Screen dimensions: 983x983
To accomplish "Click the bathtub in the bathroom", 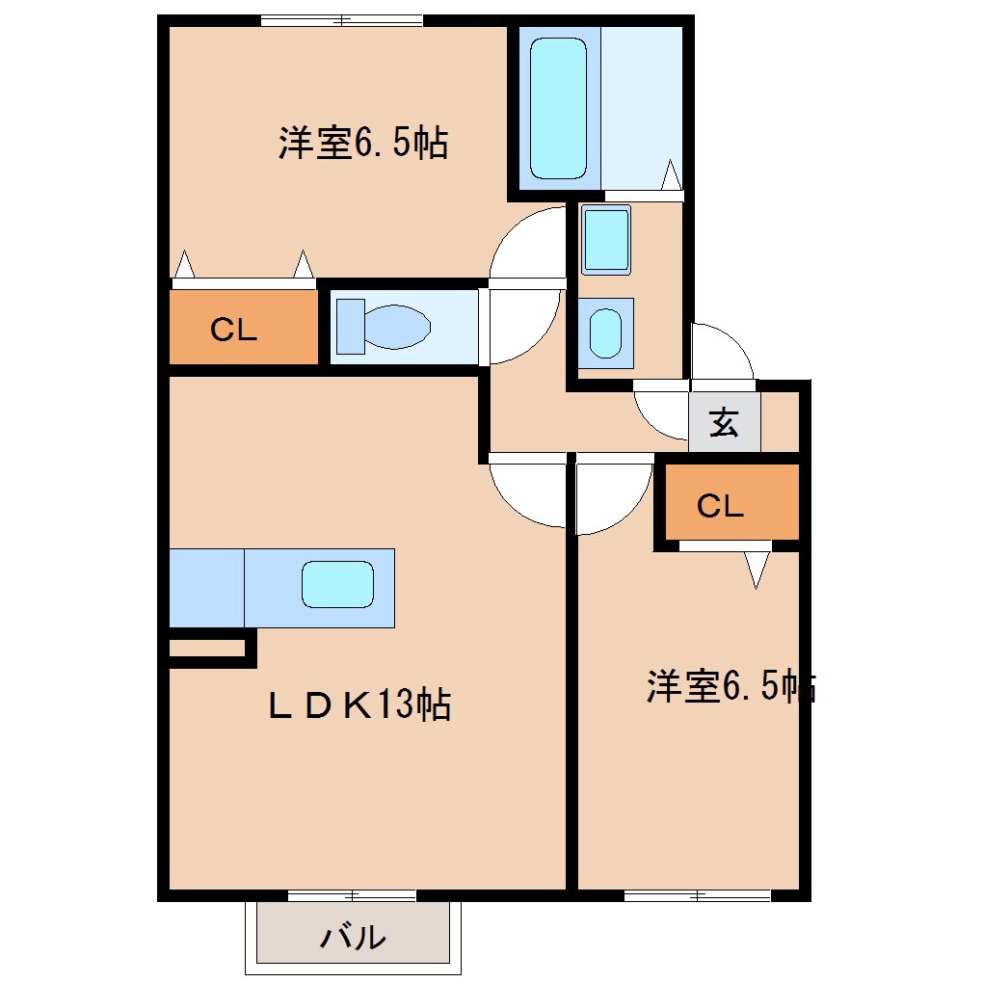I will pyautogui.click(x=558, y=108).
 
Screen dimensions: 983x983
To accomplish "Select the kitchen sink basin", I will pyautogui.click(x=337, y=585).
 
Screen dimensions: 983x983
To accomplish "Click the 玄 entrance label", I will pyautogui.click(x=724, y=423).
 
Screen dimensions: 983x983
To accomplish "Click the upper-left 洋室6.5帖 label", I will pyautogui.click(x=363, y=145).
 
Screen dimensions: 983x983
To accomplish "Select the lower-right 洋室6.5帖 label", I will pyautogui.click(x=730, y=686).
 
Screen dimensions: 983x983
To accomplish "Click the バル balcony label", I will pyautogui.click(x=354, y=936).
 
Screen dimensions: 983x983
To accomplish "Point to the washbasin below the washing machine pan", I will pyautogui.click(x=605, y=333).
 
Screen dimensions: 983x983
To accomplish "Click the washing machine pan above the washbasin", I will pyautogui.click(x=606, y=239).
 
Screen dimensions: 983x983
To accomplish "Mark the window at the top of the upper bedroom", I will pyautogui.click(x=341, y=20).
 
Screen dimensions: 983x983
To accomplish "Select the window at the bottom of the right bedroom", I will pyautogui.click(x=697, y=896).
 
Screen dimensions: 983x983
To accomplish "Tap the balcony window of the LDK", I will pyautogui.click(x=352, y=896).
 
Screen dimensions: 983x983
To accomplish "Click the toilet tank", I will pyautogui.click(x=348, y=326).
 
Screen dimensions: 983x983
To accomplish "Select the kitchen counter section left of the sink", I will pyautogui.click(x=206, y=588).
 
